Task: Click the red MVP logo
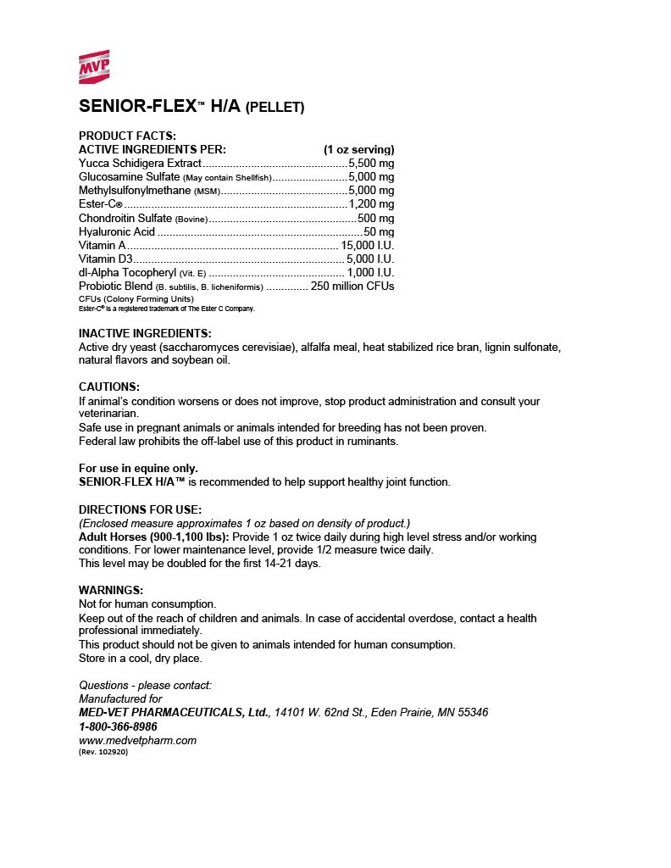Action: coord(94,65)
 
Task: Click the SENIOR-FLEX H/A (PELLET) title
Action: coord(191,107)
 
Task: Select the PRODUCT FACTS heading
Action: coord(127,136)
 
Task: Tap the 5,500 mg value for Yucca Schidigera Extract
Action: coord(371,163)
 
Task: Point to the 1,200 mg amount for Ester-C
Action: coord(371,204)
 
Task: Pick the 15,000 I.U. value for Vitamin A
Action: coord(368,245)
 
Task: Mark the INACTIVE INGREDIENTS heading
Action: coord(145,333)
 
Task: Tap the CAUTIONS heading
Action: coord(109,387)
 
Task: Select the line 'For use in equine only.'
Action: coord(138,468)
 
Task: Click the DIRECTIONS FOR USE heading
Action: coord(140,509)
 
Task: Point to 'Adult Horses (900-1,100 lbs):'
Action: coord(153,537)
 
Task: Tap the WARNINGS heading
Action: coord(111,590)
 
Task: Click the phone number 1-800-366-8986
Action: coord(118,726)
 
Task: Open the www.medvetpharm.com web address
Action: coord(137,740)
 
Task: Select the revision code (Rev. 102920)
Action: coord(103,752)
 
